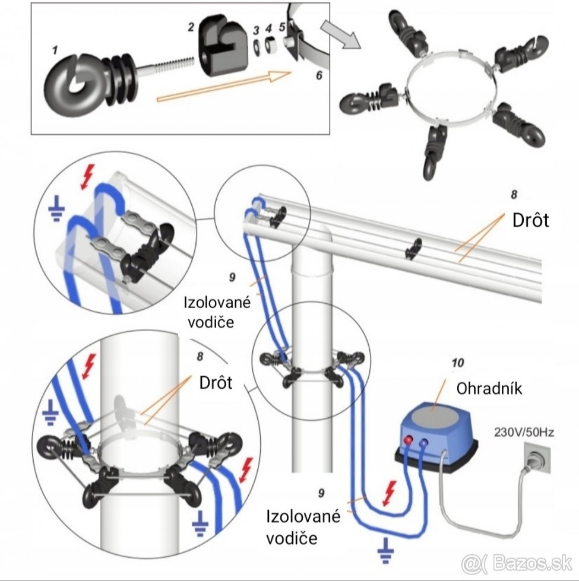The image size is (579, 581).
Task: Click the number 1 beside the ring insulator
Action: tap(55, 52)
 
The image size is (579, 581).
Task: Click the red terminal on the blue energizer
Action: tap(409, 440)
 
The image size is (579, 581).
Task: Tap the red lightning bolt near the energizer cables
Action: tap(390, 494)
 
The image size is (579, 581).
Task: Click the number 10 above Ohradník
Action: tap(458, 362)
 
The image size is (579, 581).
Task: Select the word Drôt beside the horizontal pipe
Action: tap(530, 221)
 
